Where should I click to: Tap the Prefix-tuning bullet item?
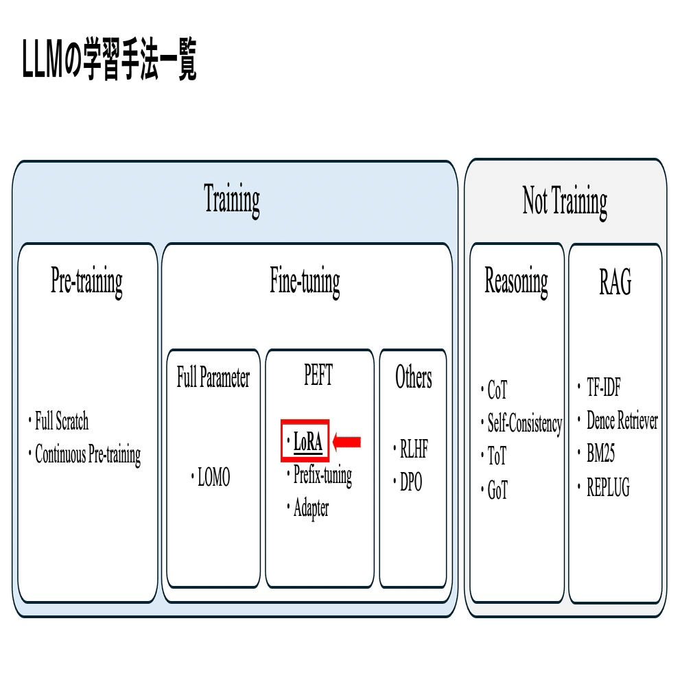[x=322, y=475]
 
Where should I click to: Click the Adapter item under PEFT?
[x=311, y=508]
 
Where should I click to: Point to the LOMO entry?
[x=213, y=478]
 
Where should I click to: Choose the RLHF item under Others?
[x=414, y=450]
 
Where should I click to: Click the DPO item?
[x=411, y=482]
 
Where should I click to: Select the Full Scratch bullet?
[x=61, y=421]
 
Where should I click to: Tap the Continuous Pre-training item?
[x=87, y=454]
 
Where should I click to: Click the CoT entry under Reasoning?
[x=497, y=391]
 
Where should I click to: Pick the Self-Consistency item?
[x=524, y=423]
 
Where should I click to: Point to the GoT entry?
[x=497, y=490]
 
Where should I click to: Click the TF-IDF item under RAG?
[x=603, y=388]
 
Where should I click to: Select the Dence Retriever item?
[x=622, y=421]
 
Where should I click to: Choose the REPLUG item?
[x=608, y=488]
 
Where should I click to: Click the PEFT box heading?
[x=318, y=375]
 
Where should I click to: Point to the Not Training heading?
[x=565, y=201]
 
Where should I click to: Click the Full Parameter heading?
[x=213, y=377]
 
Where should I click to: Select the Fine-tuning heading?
[x=305, y=280]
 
